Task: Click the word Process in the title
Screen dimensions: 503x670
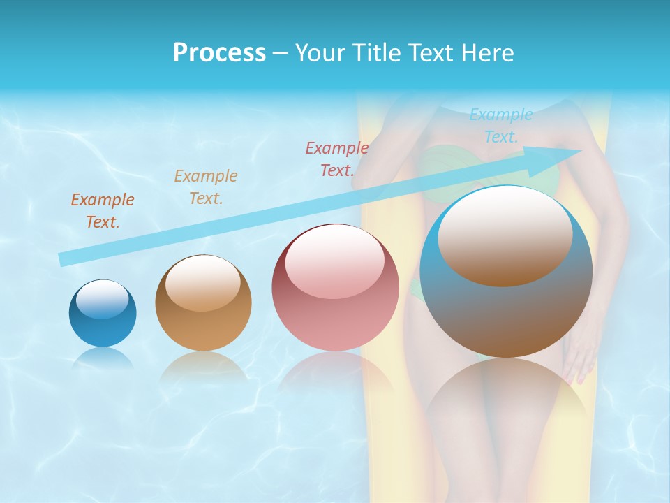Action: tap(219, 53)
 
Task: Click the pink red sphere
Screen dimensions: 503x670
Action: tap(335, 287)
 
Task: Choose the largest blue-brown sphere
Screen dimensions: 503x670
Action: tap(506, 272)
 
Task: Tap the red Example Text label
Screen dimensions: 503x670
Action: tap(336, 159)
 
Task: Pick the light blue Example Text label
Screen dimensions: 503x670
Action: tap(500, 126)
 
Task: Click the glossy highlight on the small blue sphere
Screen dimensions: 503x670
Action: tap(102, 298)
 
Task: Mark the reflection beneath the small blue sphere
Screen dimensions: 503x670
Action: tap(102, 358)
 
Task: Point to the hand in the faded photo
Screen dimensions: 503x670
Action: tap(578, 356)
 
